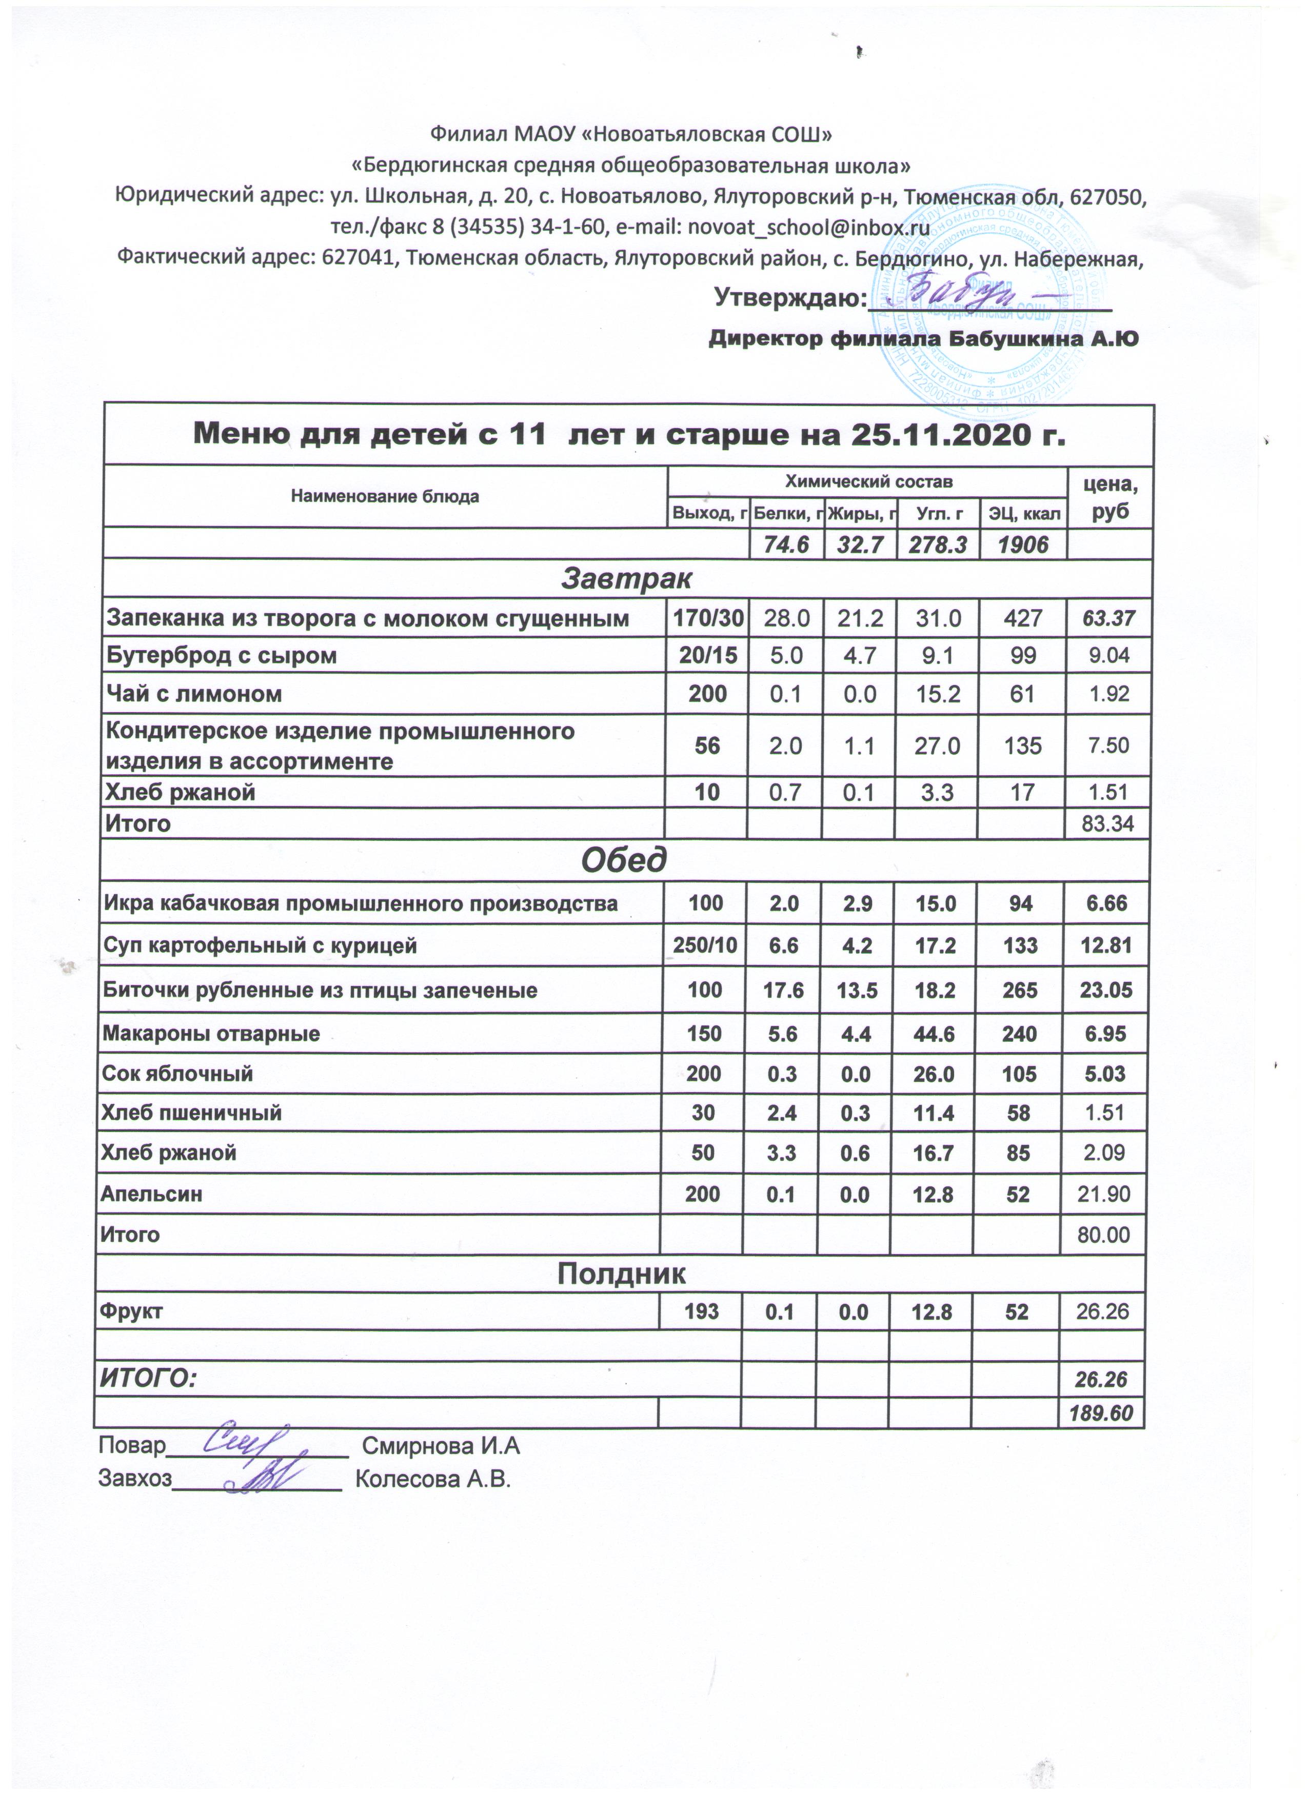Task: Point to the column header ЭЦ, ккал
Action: (x=1023, y=514)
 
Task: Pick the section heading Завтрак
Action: (x=625, y=578)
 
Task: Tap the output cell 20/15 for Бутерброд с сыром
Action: (x=707, y=655)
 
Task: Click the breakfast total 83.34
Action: (x=1107, y=824)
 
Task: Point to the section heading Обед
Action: (x=624, y=859)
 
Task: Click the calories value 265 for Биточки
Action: (x=1020, y=990)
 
